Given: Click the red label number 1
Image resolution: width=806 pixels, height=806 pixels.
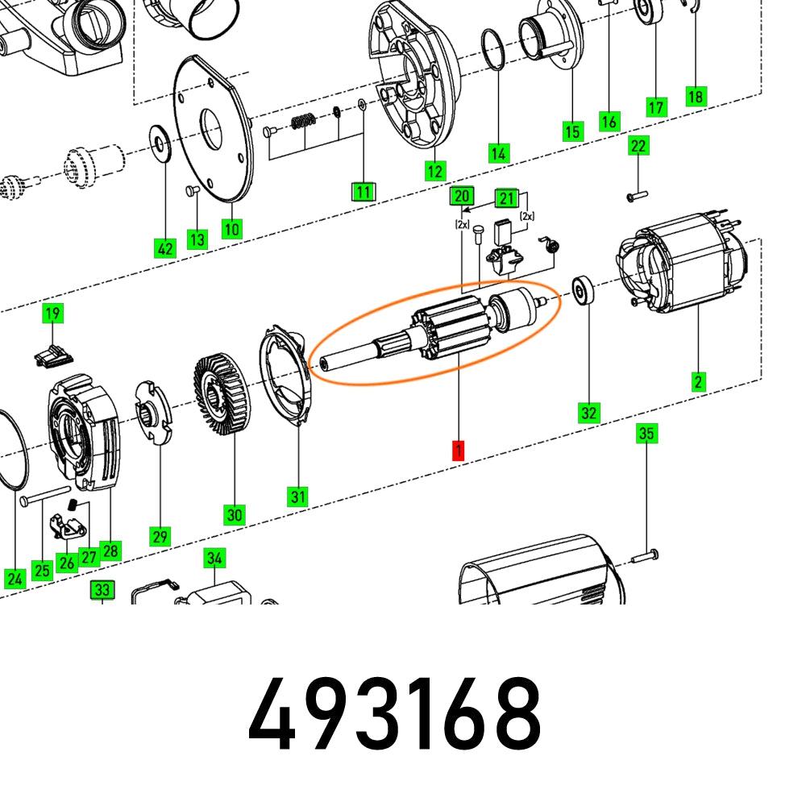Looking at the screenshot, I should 458,451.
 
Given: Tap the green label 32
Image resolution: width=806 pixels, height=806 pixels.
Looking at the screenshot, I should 589,413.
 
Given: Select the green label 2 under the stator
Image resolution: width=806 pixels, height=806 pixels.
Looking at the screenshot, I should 698,381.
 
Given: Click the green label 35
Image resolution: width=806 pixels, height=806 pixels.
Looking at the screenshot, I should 646,434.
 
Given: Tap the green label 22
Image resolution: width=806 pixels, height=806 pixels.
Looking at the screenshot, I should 638,146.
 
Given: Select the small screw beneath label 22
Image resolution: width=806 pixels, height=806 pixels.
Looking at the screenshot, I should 637,194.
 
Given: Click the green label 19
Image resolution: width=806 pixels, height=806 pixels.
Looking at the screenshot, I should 52,314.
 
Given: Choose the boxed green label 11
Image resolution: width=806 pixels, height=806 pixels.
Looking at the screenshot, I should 364,192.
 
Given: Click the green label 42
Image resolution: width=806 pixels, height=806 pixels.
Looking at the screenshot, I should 165,249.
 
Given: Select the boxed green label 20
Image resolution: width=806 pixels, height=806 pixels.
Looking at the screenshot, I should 461,196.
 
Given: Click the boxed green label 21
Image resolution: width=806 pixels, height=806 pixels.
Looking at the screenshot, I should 506,198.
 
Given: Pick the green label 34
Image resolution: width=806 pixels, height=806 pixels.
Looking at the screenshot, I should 214,558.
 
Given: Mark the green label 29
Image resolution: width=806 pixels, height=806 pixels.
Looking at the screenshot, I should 159,536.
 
